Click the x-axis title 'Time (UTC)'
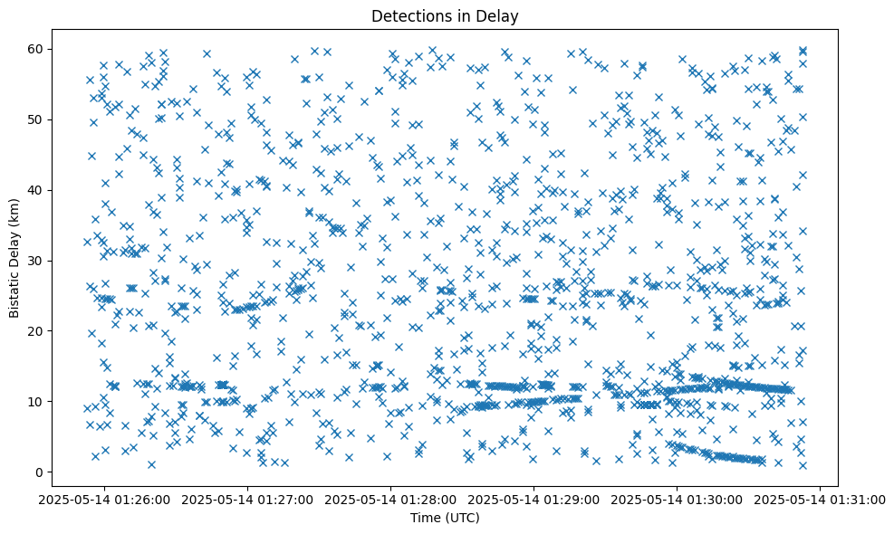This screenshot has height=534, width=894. click(x=444, y=518)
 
